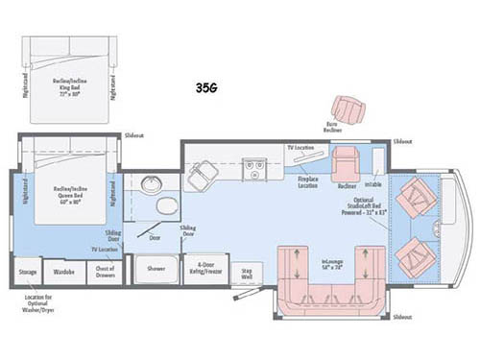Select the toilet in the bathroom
(x=166, y=208)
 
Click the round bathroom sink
(x=151, y=184)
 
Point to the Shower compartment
(x=156, y=269)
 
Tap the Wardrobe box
(x=64, y=273)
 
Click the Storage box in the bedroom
(x=29, y=273)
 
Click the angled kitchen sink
(x=203, y=173)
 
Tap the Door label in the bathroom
(x=156, y=235)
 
